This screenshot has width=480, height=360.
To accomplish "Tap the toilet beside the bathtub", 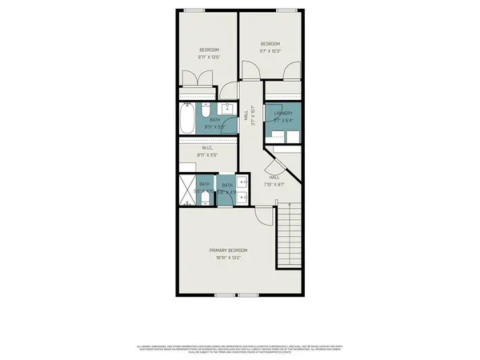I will [x=206, y=110].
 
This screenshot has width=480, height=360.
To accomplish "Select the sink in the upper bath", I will [x=227, y=110].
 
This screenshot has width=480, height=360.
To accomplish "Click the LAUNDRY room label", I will [x=283, y=114].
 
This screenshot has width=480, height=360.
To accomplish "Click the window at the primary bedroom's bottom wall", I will [x=226, y=295].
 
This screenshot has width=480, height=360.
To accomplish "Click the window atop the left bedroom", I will [x=194, y=10].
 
